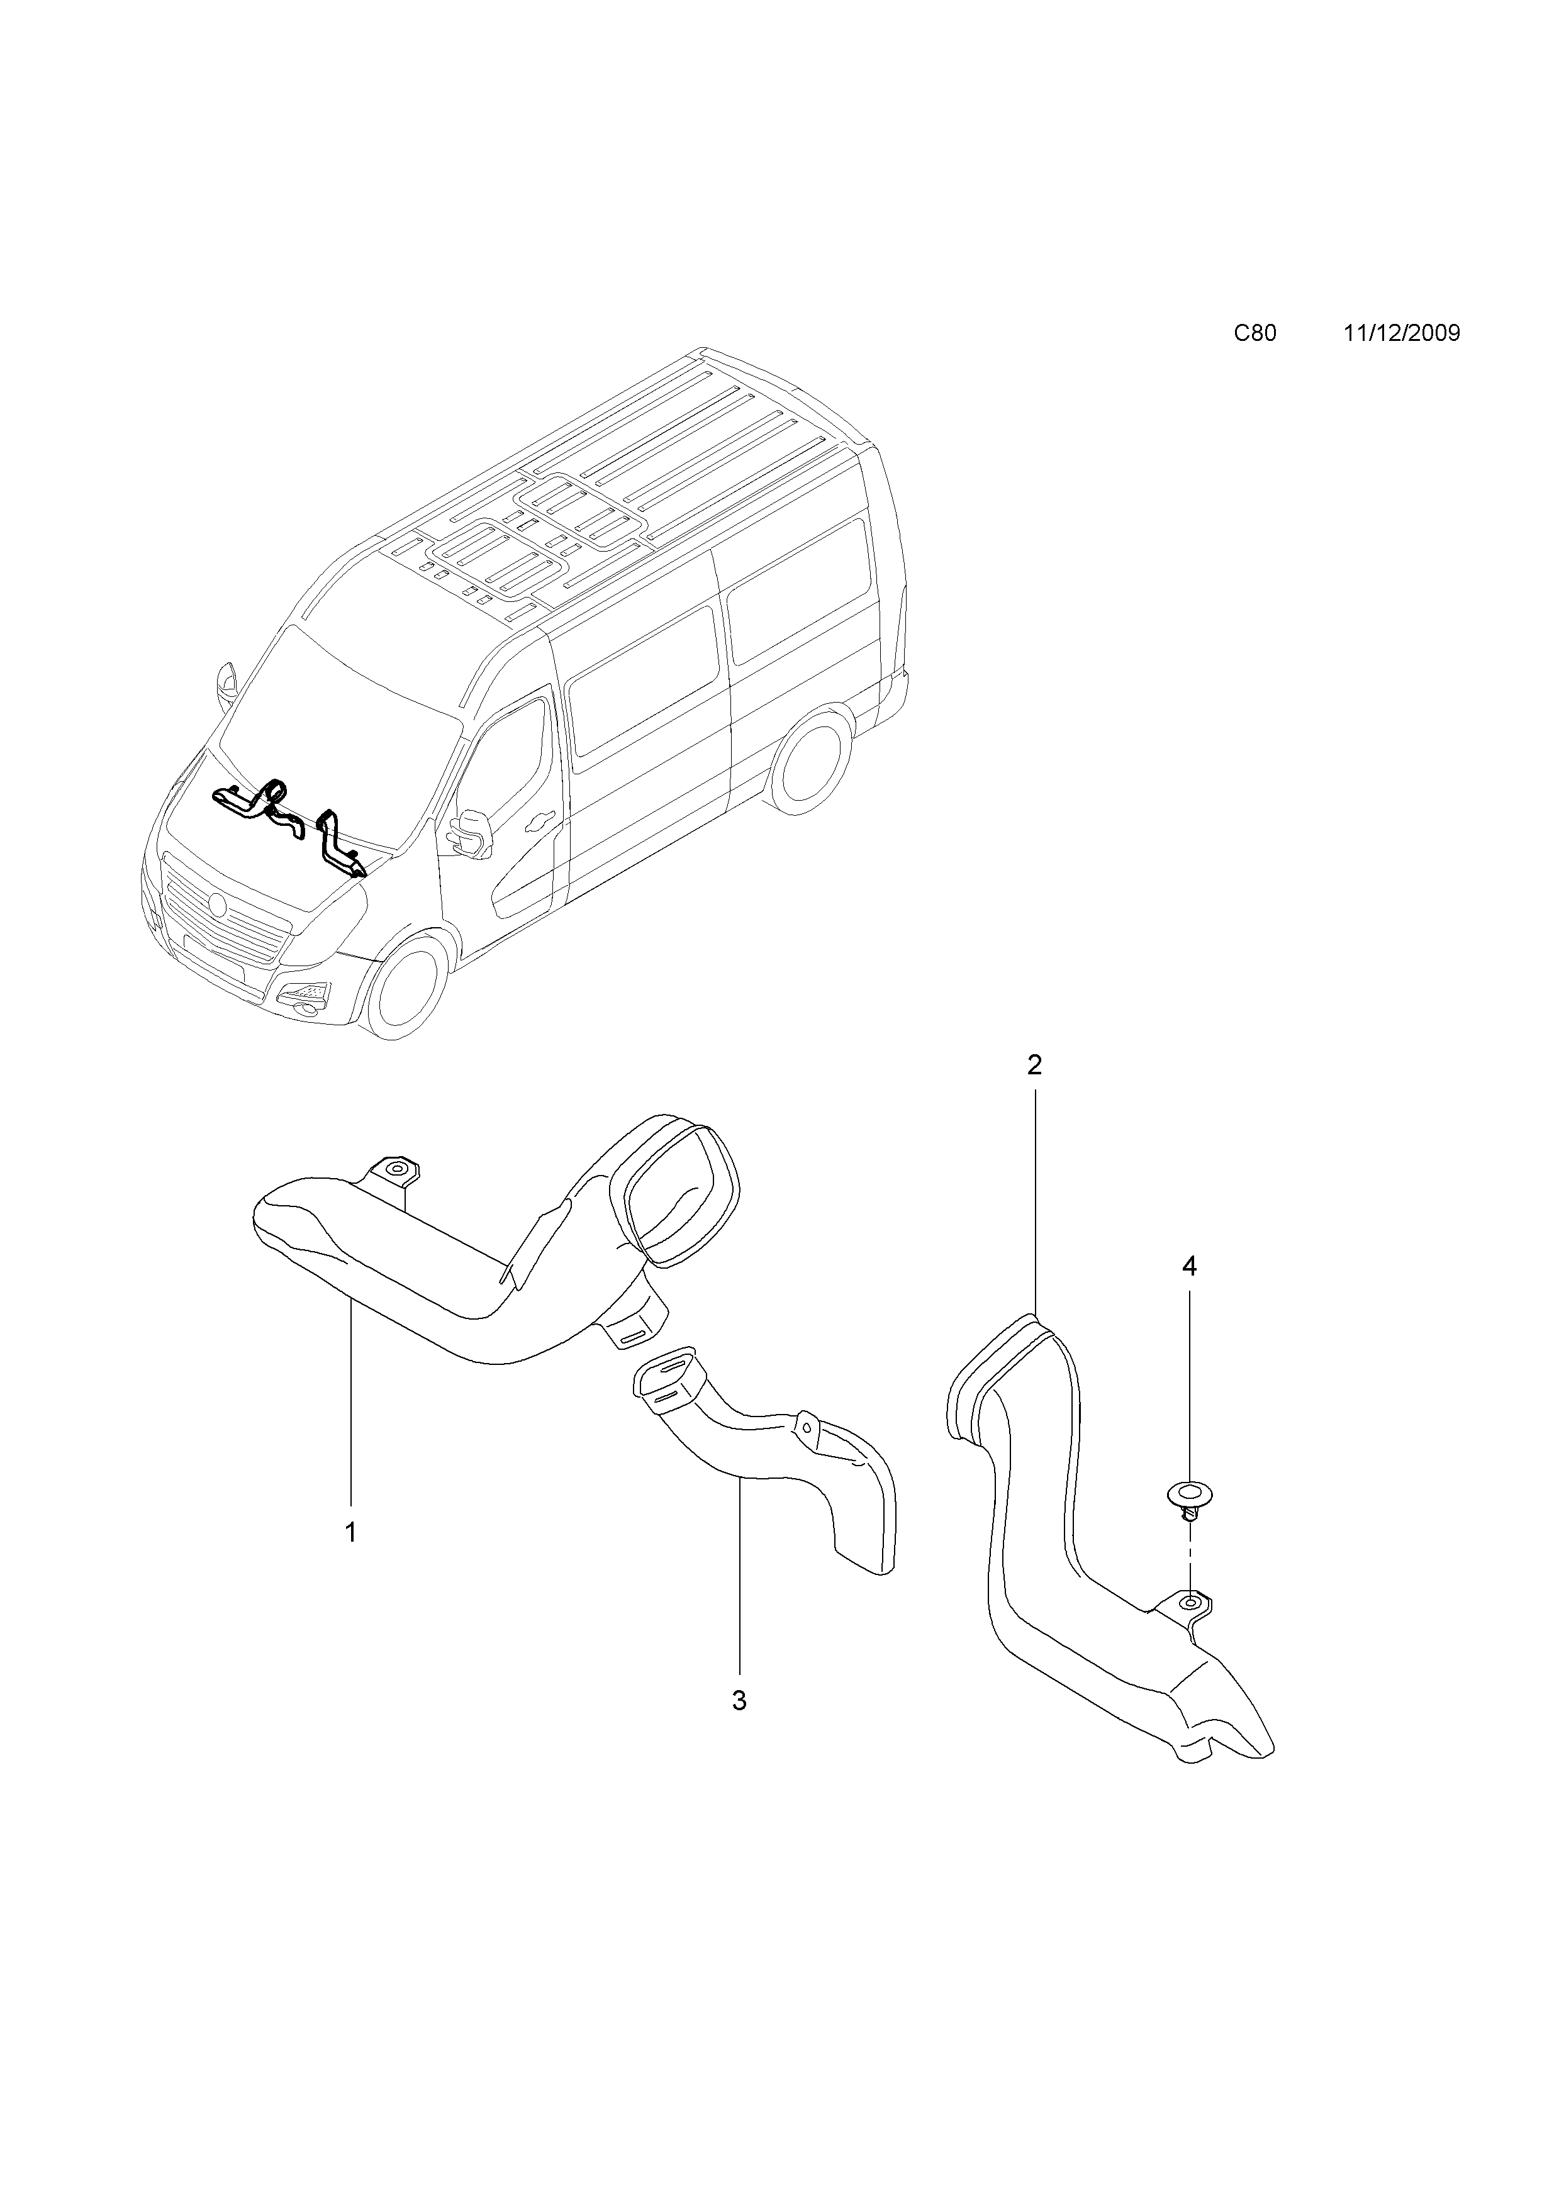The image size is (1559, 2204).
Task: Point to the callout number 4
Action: [1190, 1267]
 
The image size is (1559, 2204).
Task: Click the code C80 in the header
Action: [1254, 333]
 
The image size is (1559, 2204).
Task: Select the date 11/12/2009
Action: [1402, 333]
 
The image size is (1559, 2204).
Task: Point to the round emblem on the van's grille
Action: [217, 904]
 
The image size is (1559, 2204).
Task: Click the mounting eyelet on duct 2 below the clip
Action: [1190, 1601]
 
